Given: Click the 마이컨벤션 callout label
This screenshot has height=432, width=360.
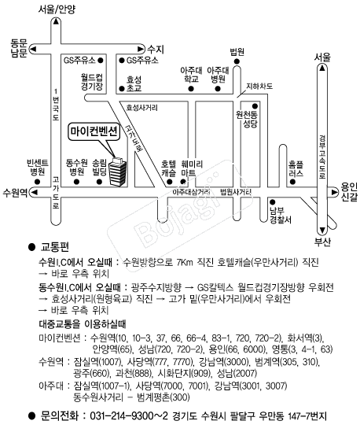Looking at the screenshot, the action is pos(94,131).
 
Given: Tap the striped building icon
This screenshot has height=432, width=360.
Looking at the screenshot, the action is pos(118,172).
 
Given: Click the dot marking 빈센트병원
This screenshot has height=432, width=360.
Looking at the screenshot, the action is pos(37,182).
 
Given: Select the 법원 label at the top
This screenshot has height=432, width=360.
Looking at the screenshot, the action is pos(237,52).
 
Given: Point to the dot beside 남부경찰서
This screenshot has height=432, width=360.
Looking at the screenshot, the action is pos(273,202).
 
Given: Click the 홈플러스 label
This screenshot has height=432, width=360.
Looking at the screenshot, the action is pos(296,169).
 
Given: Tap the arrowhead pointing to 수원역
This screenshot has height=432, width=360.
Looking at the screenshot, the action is pos(34,192).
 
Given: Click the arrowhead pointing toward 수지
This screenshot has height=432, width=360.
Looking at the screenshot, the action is pos(141,49).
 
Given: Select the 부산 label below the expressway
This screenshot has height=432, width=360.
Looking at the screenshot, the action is pos(322,242).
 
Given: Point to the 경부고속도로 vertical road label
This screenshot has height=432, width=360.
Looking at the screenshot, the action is pos(322,157).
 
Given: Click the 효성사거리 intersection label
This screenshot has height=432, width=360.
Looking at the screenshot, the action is pos(141,108).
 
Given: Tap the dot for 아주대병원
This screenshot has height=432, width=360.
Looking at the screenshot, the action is pos(218,89).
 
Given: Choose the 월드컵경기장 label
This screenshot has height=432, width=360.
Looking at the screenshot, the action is pos(92,82).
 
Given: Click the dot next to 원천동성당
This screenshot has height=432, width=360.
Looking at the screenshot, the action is pos(255,106).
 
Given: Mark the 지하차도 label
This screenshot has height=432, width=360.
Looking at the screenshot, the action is pos(259,87).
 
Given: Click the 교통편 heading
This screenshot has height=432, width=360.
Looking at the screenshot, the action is pos(55,247).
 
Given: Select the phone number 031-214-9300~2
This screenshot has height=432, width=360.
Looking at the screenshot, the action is pos(129,415).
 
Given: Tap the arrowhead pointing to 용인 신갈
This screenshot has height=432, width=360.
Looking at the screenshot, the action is pos(334,192).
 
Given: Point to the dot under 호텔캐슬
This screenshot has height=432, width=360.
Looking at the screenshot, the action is pos(170,182).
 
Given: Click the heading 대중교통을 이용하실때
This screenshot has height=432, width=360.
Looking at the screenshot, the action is pos(83,324).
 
